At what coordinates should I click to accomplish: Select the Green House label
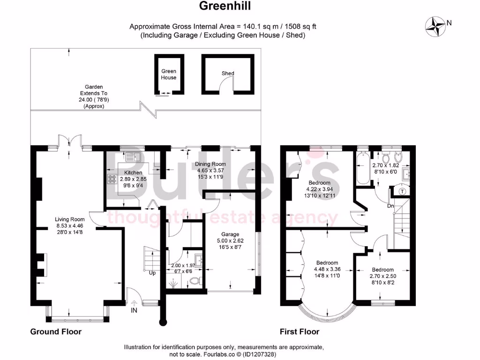pos(169,74)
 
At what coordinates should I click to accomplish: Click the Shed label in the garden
pos(228,74)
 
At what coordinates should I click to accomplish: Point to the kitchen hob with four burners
pos(113,179)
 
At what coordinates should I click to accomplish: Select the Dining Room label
pos(210,164)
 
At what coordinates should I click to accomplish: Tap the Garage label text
pos(230,234)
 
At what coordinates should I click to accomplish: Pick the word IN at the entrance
pos(135,310)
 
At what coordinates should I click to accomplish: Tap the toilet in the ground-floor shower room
pos(196,281)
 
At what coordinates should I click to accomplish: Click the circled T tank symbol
pos(402,191)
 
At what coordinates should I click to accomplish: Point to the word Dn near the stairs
pos(390,206)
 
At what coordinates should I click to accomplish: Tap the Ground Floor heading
pos(56,332)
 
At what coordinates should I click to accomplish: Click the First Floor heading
pos(299,332)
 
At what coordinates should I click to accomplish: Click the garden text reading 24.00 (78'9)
pos(94,100)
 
